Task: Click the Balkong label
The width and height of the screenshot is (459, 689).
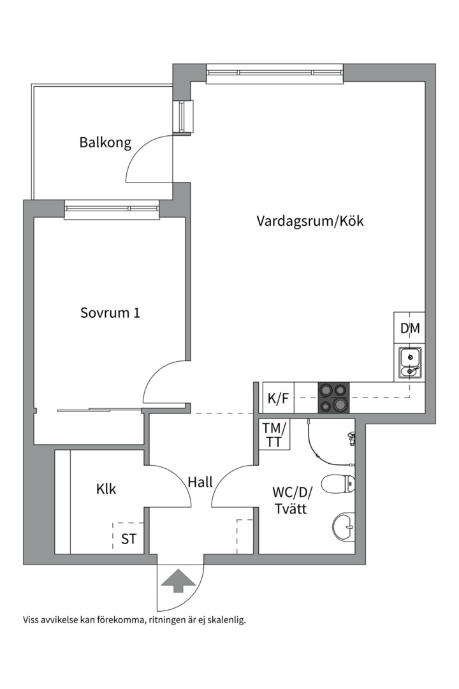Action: click(105, 142)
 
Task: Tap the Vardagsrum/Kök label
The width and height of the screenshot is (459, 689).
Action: click(310, 221)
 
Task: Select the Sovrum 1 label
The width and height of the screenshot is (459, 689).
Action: click(110, 313)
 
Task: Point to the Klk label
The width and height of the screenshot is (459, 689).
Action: click(106, 489)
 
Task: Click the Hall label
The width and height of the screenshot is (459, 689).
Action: click(200, 482)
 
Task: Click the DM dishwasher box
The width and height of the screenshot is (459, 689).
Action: click(410, 329)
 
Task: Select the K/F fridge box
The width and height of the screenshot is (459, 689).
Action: click(278, 399)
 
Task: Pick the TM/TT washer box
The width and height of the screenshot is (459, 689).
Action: click(274, 434)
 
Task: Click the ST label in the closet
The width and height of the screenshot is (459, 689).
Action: click(129, 539)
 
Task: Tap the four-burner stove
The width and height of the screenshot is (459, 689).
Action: click(334, 397)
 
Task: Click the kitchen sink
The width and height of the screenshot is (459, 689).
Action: click(409, 362)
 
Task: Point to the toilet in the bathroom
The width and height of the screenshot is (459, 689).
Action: click(338, 484)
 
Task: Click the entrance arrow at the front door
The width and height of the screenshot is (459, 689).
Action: click(179, 581)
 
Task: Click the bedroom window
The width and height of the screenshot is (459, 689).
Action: click(111, 209)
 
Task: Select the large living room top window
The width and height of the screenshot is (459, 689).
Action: click(275, 74)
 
